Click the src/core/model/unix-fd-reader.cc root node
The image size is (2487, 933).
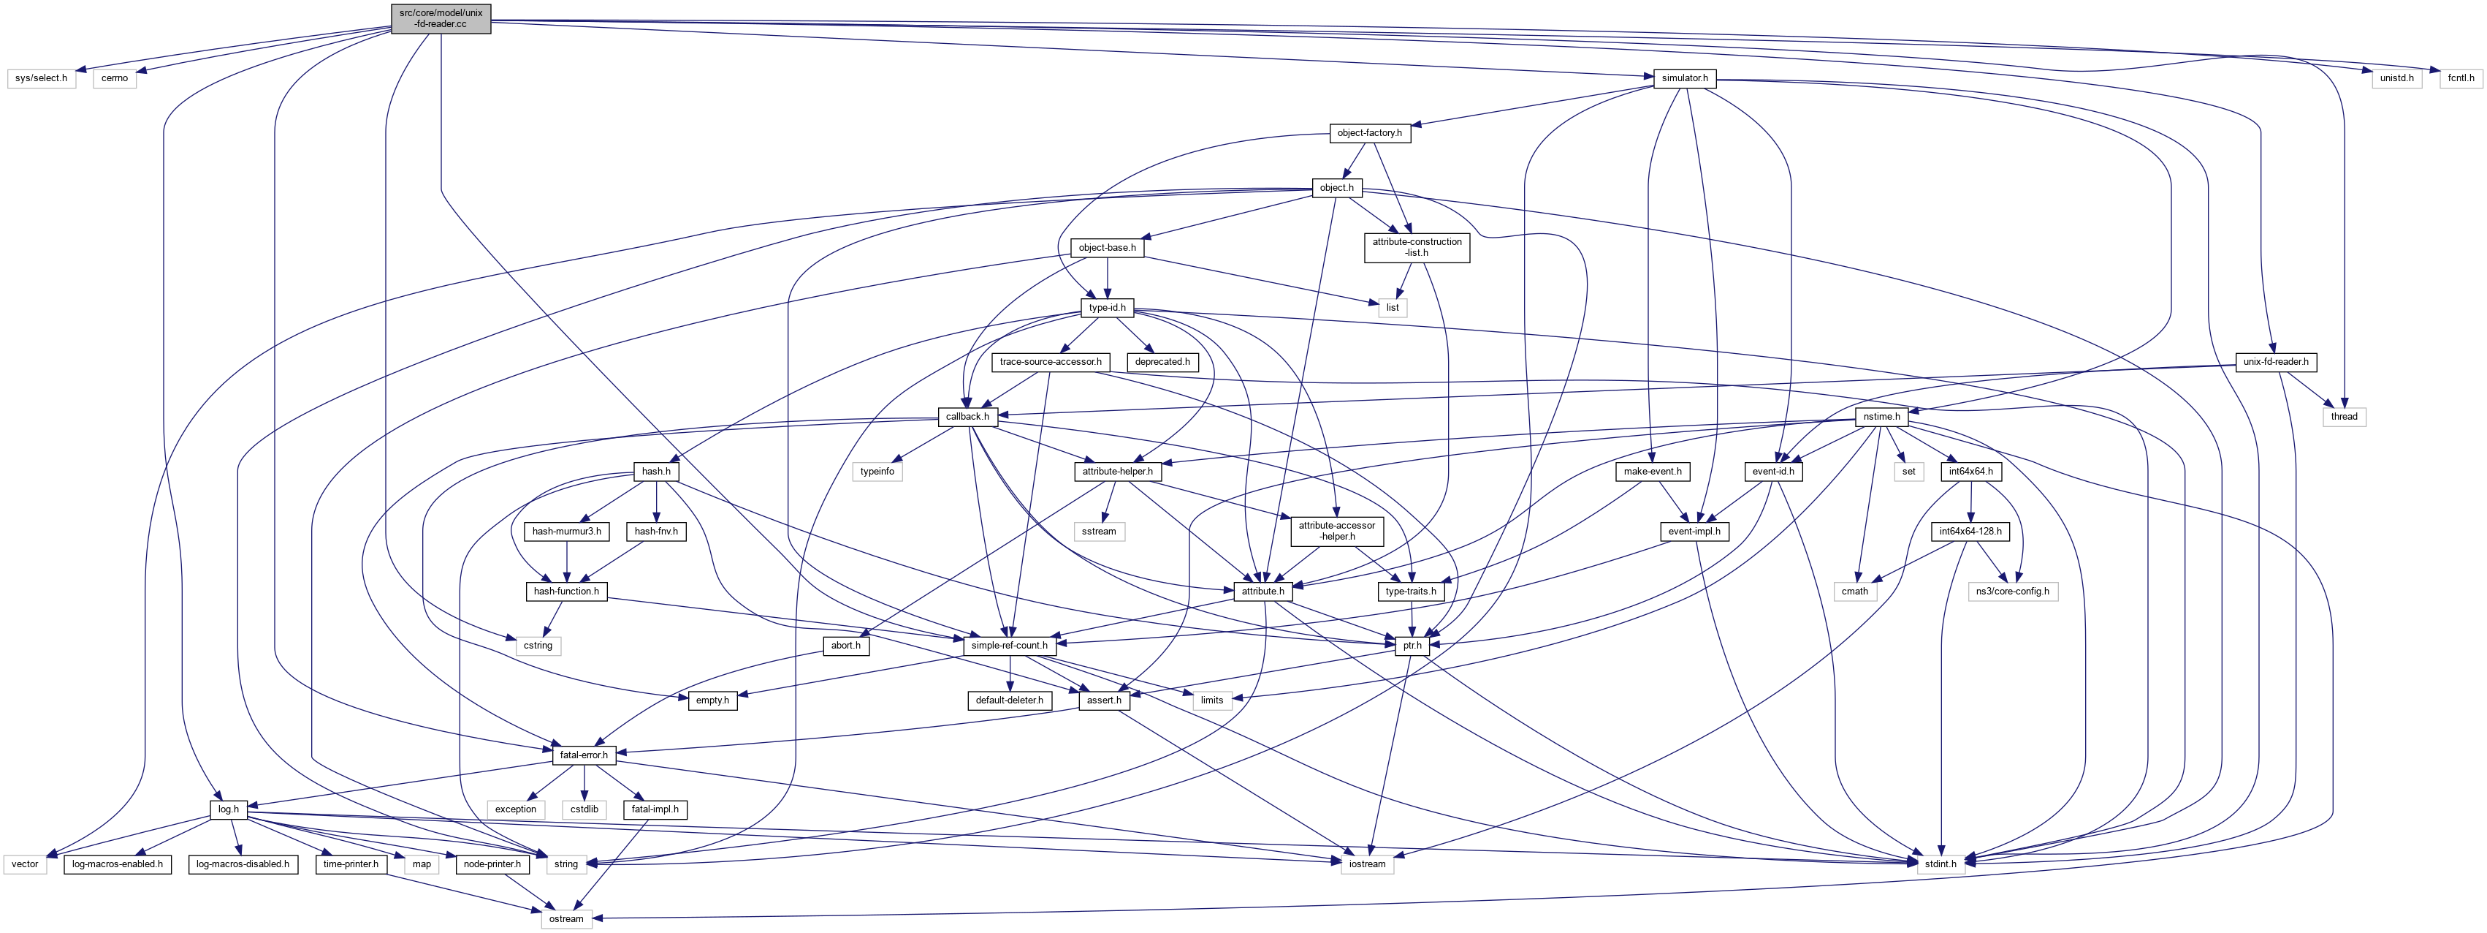(x=441, y=18)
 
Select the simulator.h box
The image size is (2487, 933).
(x=1685, y=78)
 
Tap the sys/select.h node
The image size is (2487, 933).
(x=42, y=78)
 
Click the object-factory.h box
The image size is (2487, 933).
(x=1369, y=133)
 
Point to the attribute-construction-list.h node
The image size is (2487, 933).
(x=1417, y=247)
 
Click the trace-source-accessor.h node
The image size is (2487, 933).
(x=1051, y=362)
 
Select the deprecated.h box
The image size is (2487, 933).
(x=1162, y=362)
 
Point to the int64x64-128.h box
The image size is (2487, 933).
(x=1970, y=532)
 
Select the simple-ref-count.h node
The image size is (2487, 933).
(x=1009, y=645)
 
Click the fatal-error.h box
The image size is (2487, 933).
(x=583, y=755)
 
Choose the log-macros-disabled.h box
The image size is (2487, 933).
(x=243, y=864)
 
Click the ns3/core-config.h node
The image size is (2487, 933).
(x=2014, y=591)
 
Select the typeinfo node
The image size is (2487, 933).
(x=877, y=472)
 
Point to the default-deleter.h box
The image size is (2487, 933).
(x=1009, y=700)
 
